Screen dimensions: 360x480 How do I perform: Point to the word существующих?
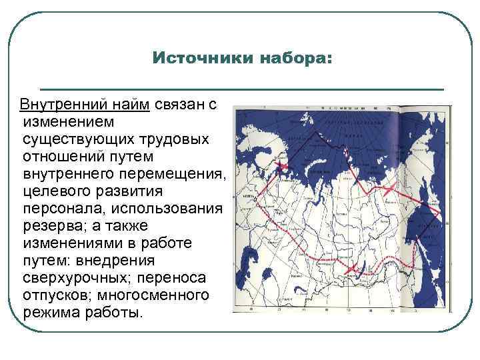click(x=72, y=140)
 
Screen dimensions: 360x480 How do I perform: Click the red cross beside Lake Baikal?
click(x=351, y=268)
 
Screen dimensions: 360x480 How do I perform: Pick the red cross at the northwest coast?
click(x=283, y=165)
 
